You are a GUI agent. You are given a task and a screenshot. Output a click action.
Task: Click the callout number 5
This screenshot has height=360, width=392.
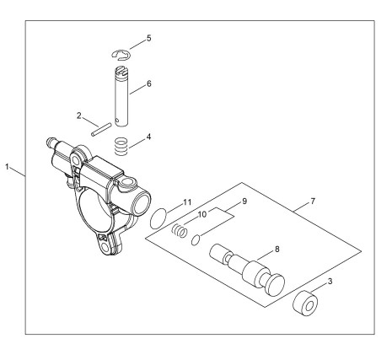(x=148, y=38)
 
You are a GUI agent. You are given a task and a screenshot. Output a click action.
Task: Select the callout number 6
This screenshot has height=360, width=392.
(x=148, y=83)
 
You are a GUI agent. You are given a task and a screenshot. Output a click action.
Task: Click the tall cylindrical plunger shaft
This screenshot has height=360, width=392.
(x=121, y=96)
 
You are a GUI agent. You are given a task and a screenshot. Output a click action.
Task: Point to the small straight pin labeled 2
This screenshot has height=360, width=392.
(x=101, y=130)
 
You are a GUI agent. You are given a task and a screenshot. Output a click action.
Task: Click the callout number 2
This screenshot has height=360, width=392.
(x=79, y=116)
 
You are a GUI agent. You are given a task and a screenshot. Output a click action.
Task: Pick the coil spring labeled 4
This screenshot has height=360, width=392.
(x=121, y=146)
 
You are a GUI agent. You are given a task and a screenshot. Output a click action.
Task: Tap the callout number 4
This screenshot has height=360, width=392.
(x=148, y=137)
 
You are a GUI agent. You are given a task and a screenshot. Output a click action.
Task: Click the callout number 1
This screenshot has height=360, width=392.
(x=8, y=167)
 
